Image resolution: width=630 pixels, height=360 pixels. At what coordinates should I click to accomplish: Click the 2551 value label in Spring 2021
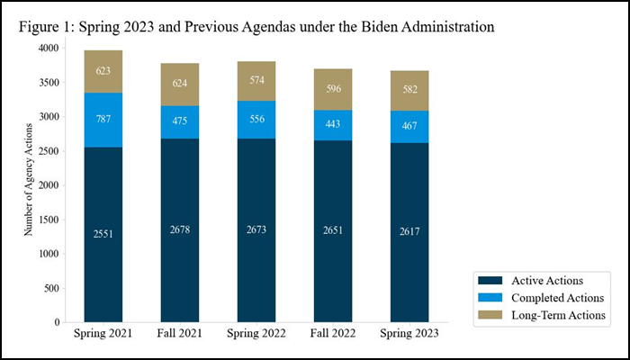point(103,234)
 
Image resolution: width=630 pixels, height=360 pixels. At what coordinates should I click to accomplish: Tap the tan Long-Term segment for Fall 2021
point(180,85)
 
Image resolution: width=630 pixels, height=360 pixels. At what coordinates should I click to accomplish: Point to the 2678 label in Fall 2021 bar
point(180,231)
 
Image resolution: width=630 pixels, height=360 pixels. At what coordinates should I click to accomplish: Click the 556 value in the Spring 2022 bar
point(256,120)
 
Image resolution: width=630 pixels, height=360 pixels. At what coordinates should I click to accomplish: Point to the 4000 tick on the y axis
point(48,48)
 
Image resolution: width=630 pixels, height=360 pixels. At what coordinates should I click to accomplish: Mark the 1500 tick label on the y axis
point(48,220)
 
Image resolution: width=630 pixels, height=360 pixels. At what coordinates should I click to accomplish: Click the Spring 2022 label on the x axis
point(256,334)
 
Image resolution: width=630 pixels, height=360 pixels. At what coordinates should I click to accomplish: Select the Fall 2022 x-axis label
point(333,334)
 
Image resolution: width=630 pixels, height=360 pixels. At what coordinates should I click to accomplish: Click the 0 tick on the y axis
point(57,322)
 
